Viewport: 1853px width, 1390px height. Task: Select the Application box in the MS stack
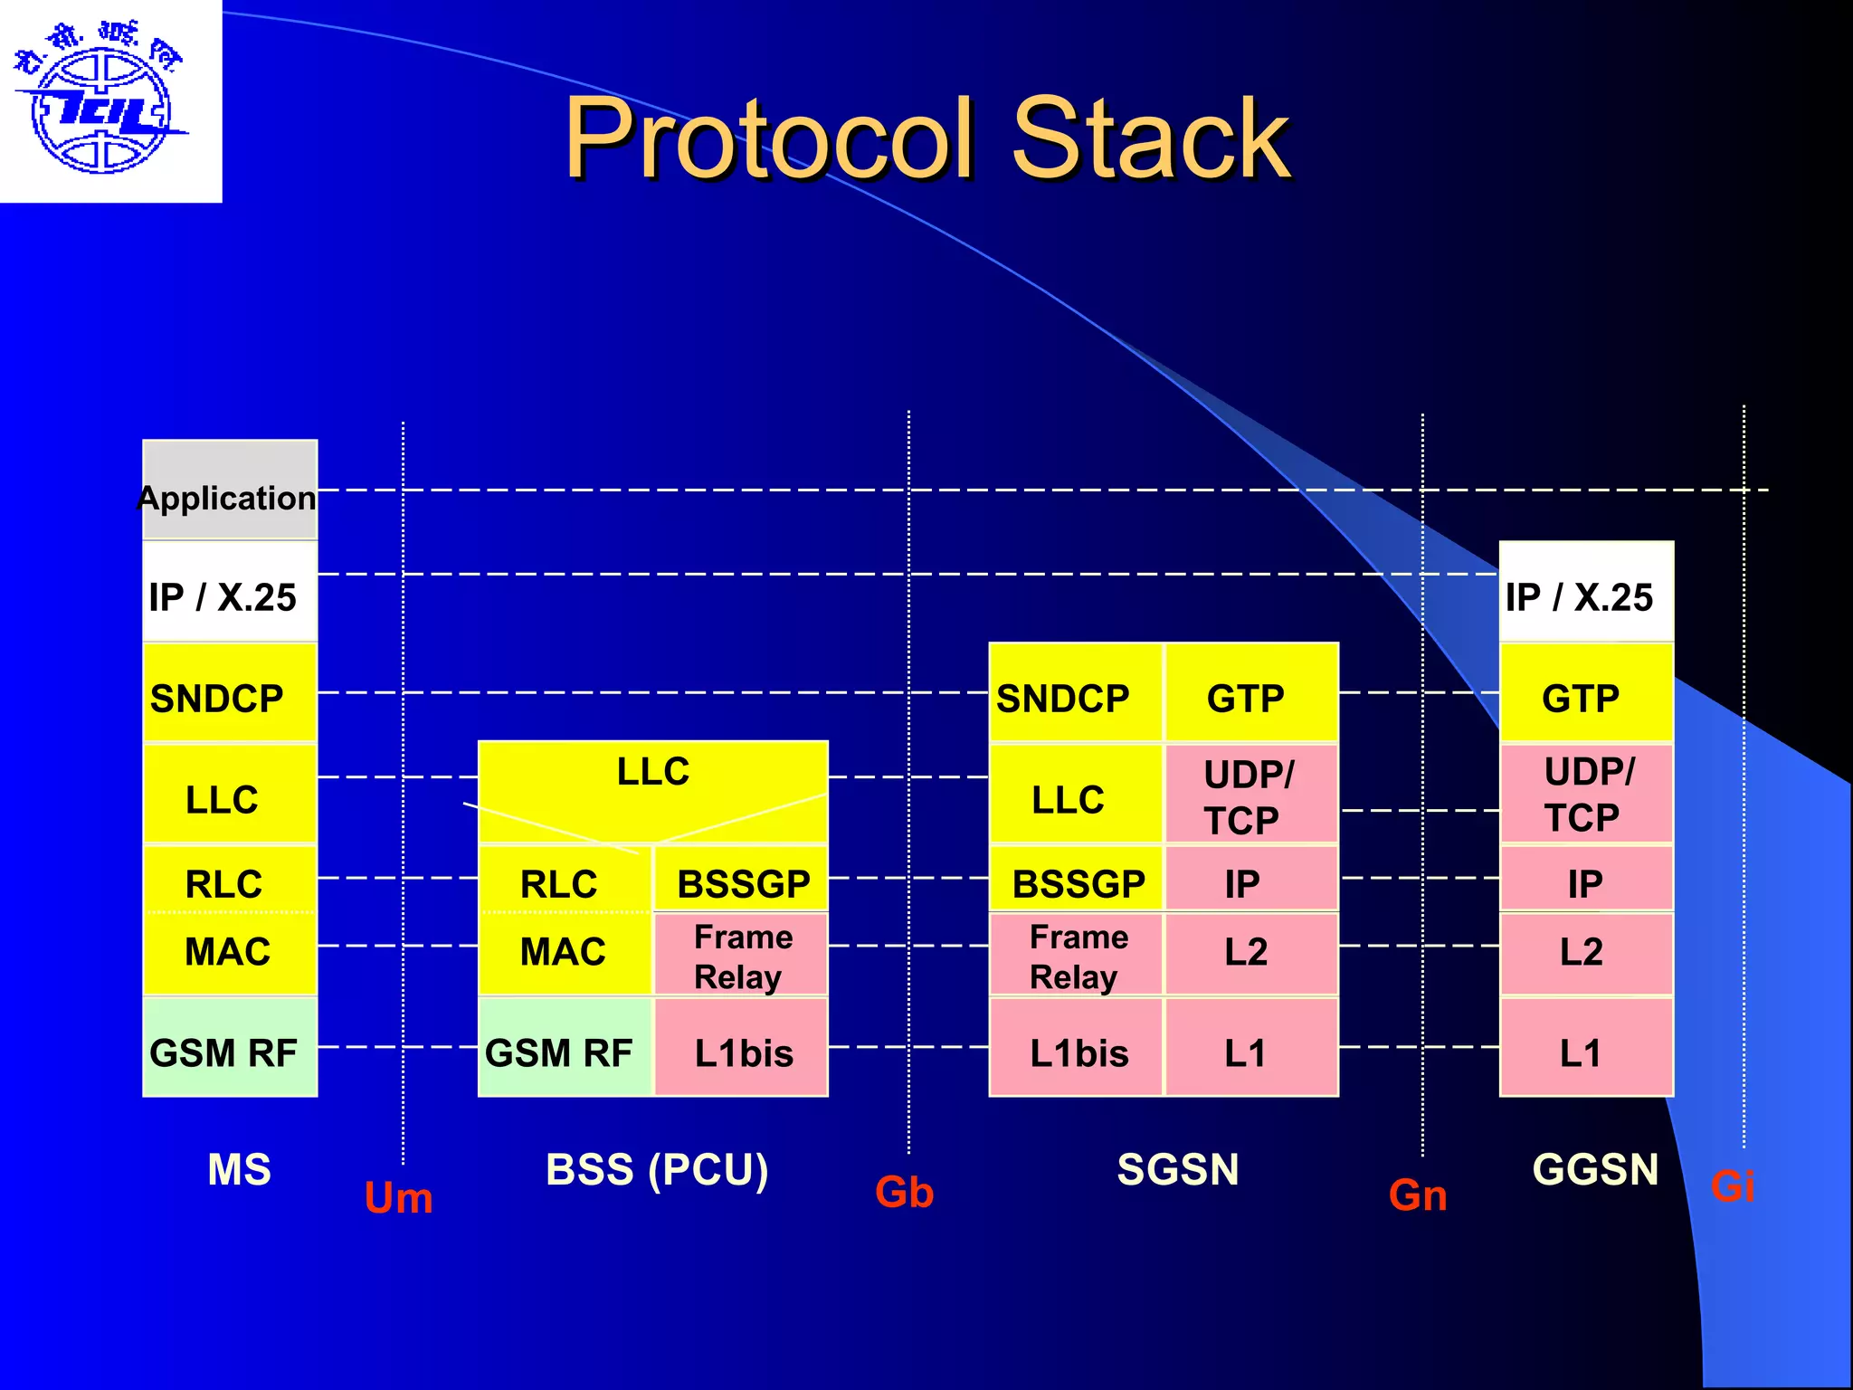229,490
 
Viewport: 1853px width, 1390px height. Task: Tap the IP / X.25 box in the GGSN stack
1585,593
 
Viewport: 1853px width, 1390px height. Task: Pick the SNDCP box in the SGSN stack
1074,693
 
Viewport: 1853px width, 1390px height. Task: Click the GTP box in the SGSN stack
1250,693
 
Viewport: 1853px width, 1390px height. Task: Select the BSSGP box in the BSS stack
741,880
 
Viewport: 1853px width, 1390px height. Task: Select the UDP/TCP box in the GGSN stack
1585,794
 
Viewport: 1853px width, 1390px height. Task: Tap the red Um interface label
398,1198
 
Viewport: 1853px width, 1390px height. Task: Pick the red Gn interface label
1417,1195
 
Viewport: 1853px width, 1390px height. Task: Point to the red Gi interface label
1732,1186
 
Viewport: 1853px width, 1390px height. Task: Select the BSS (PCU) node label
657,1169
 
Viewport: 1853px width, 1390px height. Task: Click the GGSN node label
1594,1169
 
